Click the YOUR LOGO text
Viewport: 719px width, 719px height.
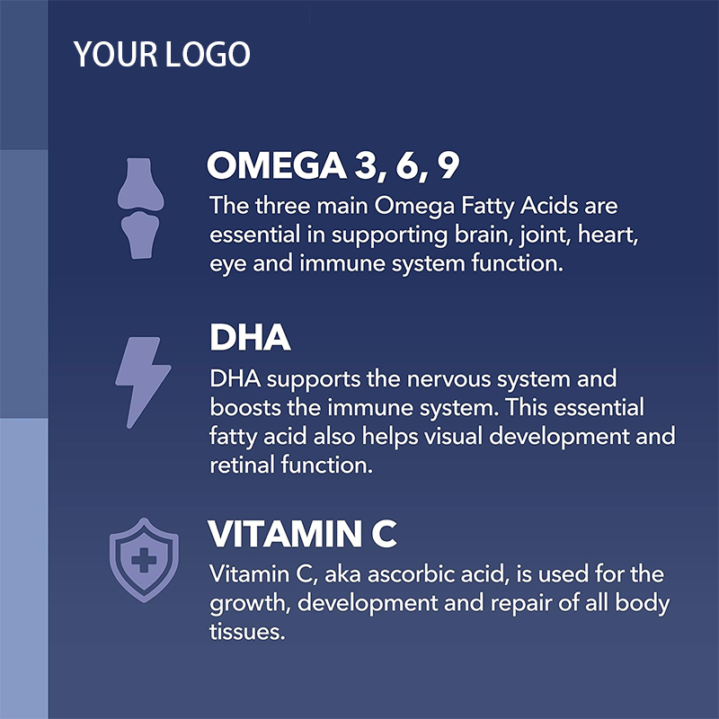click(162, 55)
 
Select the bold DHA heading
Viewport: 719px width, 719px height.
click(250, 338)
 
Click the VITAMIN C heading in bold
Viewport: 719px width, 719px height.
click(302, 534)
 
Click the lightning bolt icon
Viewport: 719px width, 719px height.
click(142, 381)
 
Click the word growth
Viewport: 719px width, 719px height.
click(247, 603)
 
